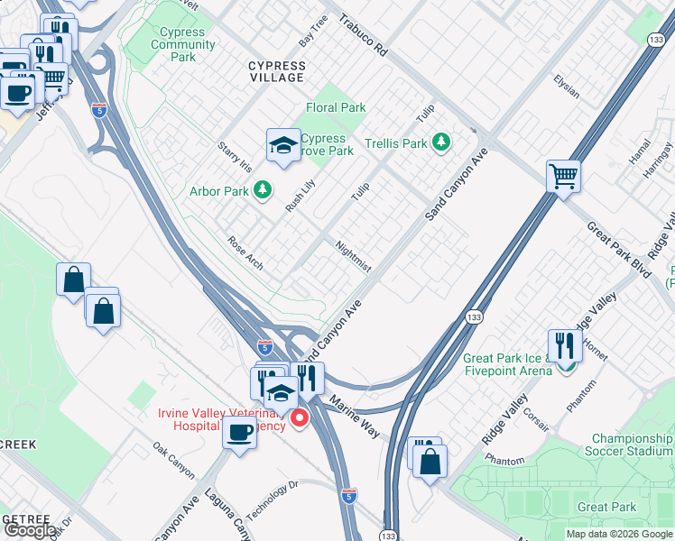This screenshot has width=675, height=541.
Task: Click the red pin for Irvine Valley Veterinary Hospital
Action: pyautogui.click(x=299, y=420)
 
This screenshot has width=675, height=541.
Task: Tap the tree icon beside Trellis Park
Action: pyautogui.click(x=440, y=142)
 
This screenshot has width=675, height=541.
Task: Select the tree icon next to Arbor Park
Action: pyautogui.click(x=262, y=189)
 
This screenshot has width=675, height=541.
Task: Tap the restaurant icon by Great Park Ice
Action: pyautogui.click(x=565, y=344)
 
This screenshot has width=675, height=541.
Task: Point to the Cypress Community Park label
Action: pyautogui.click(x=183, y=44)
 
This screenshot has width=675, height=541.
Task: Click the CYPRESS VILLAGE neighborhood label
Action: pyautogui.click(x=277, y=71)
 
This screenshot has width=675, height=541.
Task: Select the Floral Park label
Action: pyautogui.click(x=336, y=107)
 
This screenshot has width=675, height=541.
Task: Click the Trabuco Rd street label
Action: pyautogui.click(x=363, y=35)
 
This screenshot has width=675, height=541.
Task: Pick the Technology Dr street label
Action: pyautogui.click(x=272, y=499)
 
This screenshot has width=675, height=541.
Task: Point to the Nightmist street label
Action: pyautogui.click(x=352, y=256)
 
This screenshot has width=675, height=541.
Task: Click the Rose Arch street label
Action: pyautogui.click(x=245, y=252)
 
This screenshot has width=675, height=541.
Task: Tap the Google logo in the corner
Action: pyautogui.click(x=29, y=530)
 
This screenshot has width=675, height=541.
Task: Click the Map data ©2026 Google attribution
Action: pyautogui.click(x=619, y=534)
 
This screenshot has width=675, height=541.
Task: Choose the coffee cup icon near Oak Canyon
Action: pyautogui.click(x=239, y=433)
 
